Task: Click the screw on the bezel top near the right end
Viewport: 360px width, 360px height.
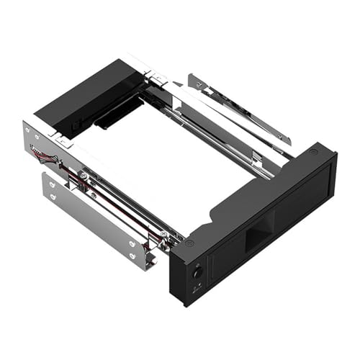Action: click(314, 152)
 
